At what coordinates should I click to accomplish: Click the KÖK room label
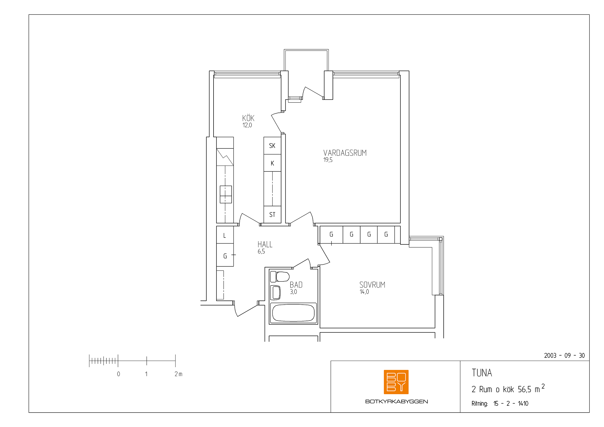tap(248, 118)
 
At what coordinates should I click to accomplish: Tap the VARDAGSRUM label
tap(345, 153)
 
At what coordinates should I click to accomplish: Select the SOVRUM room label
tap(372, 285)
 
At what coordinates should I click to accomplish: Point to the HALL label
tap(265, 244)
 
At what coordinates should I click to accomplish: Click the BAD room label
tap(296, 285)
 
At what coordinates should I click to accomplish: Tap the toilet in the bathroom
tap(280, 276)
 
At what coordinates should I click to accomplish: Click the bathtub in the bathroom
tap(293, 313)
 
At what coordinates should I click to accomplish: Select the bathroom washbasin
tap(276, 293)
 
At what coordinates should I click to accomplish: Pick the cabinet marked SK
tap(272, 145)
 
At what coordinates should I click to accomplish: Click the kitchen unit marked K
tap(272, 163)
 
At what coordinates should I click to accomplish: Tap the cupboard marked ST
tap(272, 215)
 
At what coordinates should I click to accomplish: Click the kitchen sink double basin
tap(226, 194)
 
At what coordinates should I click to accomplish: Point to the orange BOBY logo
tap(396, 382)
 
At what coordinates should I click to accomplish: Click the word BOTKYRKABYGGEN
tap(396, 401)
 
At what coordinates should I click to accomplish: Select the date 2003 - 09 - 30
tap(564, 355)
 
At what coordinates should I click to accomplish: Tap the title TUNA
tap(482, 373)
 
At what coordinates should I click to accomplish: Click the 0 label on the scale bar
tap(118, 374)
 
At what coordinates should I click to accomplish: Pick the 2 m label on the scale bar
tap(178, 374)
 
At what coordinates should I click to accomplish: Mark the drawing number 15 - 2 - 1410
tap(511, 404)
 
